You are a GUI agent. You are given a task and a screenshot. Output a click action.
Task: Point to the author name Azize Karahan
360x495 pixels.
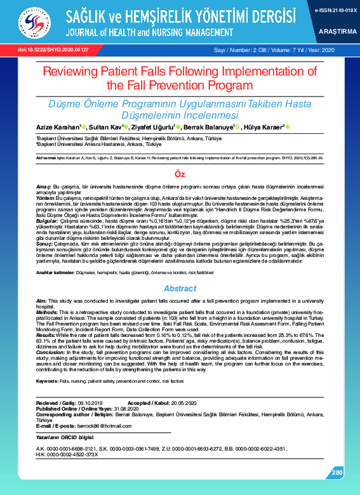coord(57,127)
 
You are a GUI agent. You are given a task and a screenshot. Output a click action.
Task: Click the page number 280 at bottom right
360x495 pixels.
coord(337,472)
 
